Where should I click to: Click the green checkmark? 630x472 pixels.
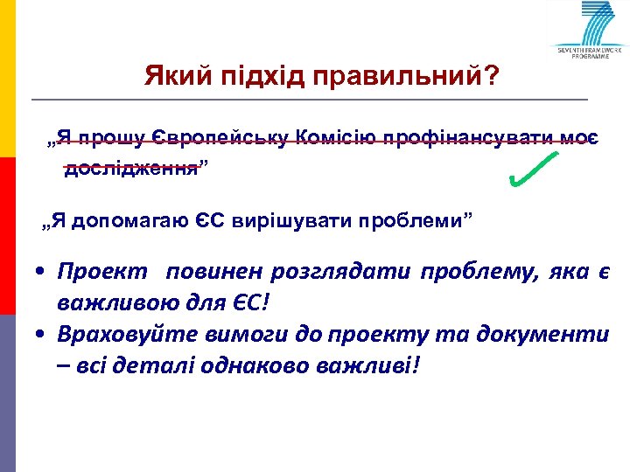[533, 170]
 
